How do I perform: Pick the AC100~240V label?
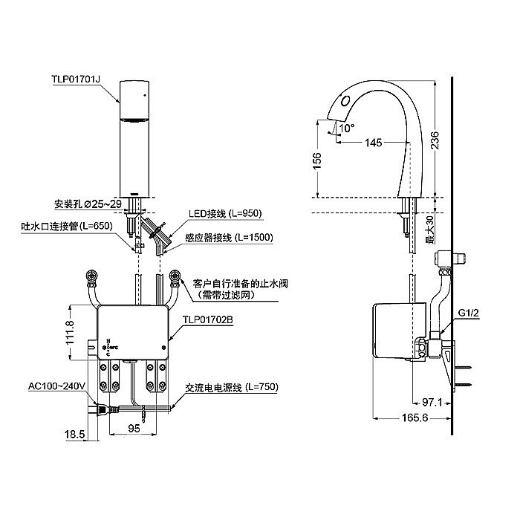point(58,386)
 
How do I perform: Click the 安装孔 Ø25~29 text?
point(87,203)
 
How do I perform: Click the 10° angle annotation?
point(347,127)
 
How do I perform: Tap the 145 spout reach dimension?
point(375,142)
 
